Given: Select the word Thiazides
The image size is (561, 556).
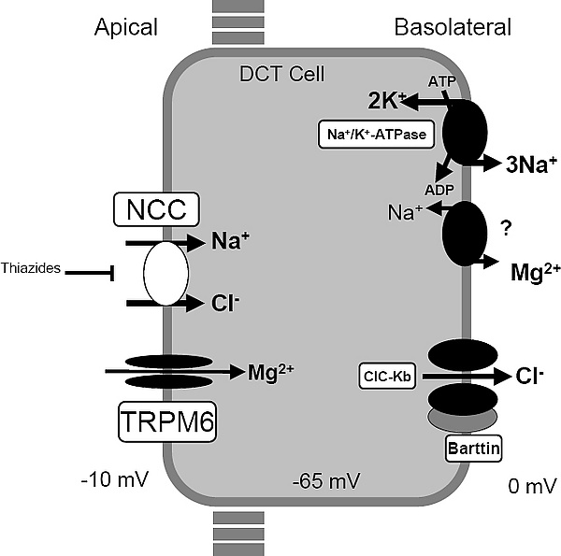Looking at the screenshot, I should pyautogui.click(x=33, y=269).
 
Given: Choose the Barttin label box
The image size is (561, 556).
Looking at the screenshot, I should pyautogui.click(x=477, y=449).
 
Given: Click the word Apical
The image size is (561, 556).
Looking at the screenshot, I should pyautogui.click(x=126, y=28).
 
